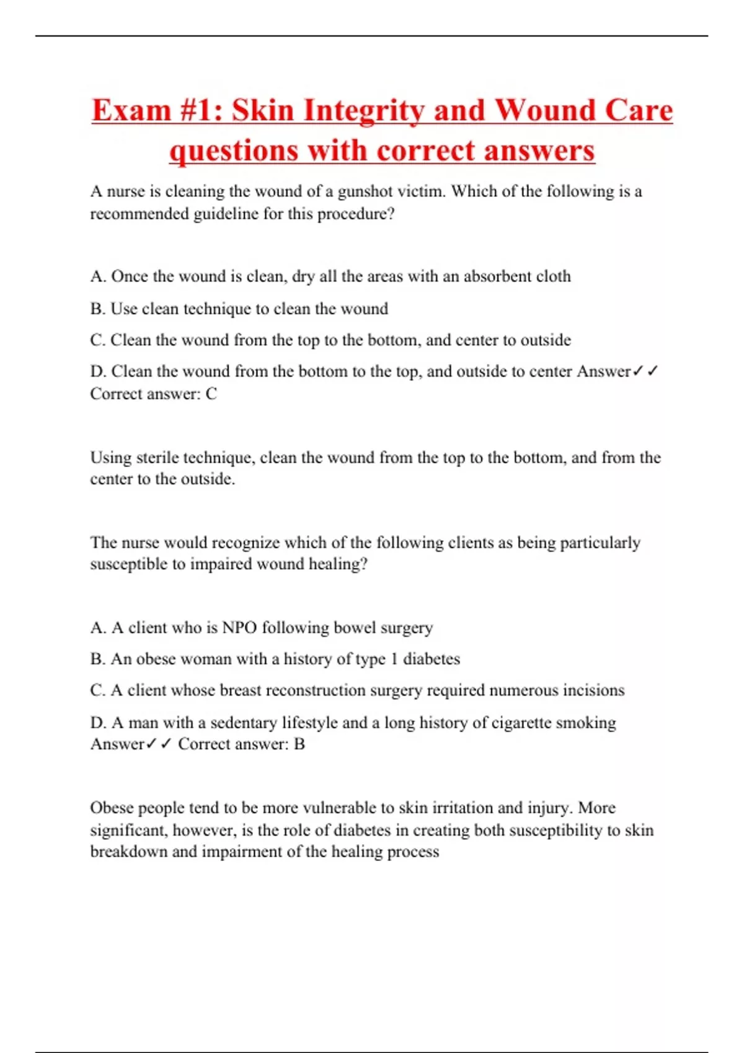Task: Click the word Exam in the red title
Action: (131, 111)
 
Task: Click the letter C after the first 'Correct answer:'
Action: (211, 394)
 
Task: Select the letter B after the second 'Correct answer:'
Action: (299, 744)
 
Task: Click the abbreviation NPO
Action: (239, 627)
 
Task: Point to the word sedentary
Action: (243, 723)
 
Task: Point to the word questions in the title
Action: (234, 151)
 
